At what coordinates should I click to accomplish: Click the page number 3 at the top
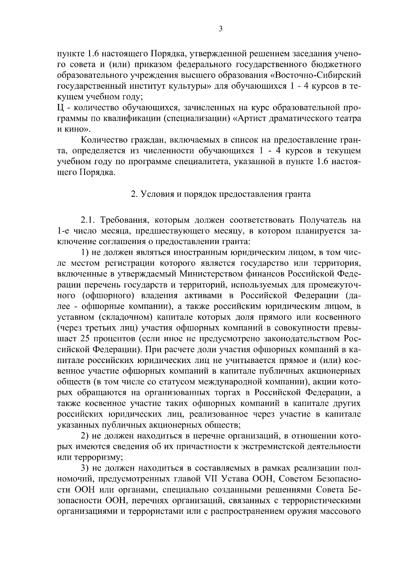[221, 29]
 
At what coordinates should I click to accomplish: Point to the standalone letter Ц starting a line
[60, 108]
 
